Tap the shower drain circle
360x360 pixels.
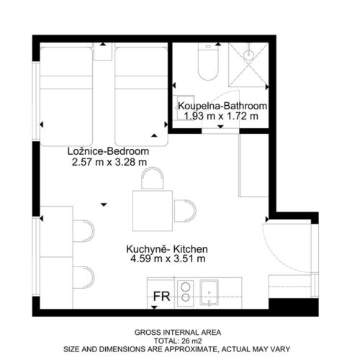point(248,55)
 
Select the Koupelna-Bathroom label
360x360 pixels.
point(222,106)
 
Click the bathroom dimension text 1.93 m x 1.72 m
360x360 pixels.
point(221,116)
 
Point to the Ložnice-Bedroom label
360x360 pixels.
point(108,151)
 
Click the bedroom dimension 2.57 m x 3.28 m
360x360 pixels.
point(109,162)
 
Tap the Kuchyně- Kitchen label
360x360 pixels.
point(167,249)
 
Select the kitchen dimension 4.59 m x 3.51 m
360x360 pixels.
point(168,259)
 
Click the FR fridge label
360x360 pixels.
point(161,296)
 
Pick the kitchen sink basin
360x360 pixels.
point(210,293)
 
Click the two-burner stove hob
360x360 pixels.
point(186,293)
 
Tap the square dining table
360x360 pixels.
point(153,211)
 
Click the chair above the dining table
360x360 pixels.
point(153,178)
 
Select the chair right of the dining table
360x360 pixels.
point(185,211)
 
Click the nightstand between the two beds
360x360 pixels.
point(103,52)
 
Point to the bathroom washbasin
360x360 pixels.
point(184,107)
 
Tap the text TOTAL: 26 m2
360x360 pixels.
point(178,341)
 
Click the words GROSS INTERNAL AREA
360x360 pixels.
point(178,333)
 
